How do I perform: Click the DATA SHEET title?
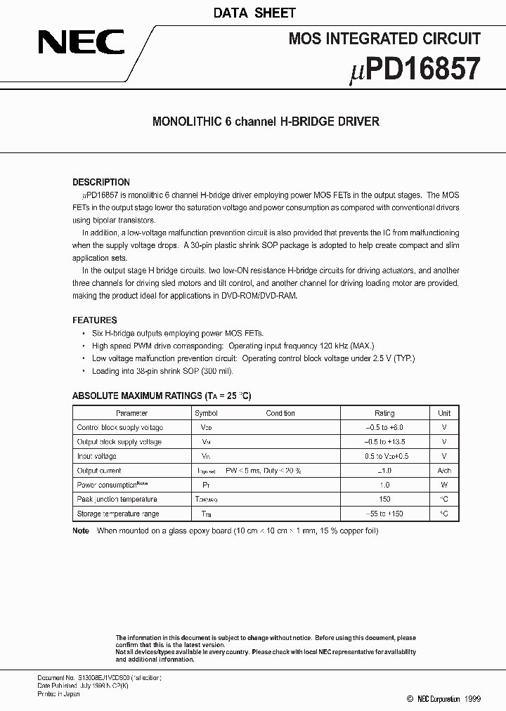pyautogui.click(x=254, y=13)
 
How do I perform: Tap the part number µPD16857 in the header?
pyautogui.click(x=414, y=70)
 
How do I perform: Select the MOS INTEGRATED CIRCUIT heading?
pyautogui.click(x=384, y=39)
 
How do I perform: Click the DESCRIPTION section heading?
pyautogui.click(x=101, y=182)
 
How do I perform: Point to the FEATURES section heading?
pyautogui.click(x=95, y=320)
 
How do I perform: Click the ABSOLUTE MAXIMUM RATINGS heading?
pyautogui.click(x=162, y=396)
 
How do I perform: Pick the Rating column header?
pyautogui.click(x=384, y=413)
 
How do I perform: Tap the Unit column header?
pyautogui.click(x=444, y=413)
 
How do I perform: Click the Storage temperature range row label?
pyautogui.click(x=118, y=514)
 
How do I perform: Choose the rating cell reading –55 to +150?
pyautogui.click(x=384, y=514)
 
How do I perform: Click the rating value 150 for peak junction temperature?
pyautogui.click(x=384, y=500)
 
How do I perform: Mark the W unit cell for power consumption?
pyautogui.click(x=444, y=485)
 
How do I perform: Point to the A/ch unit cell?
pyautogui.click(x=444, y=471)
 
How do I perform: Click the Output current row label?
pyautogui.click(x=99, y=471)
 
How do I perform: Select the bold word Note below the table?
pyautogui.click(x=81, y=531)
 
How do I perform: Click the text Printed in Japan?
pyautogui.click(x=58, y=693)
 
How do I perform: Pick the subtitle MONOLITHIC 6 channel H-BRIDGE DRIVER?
pyautogui.click(x=266, y=122)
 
